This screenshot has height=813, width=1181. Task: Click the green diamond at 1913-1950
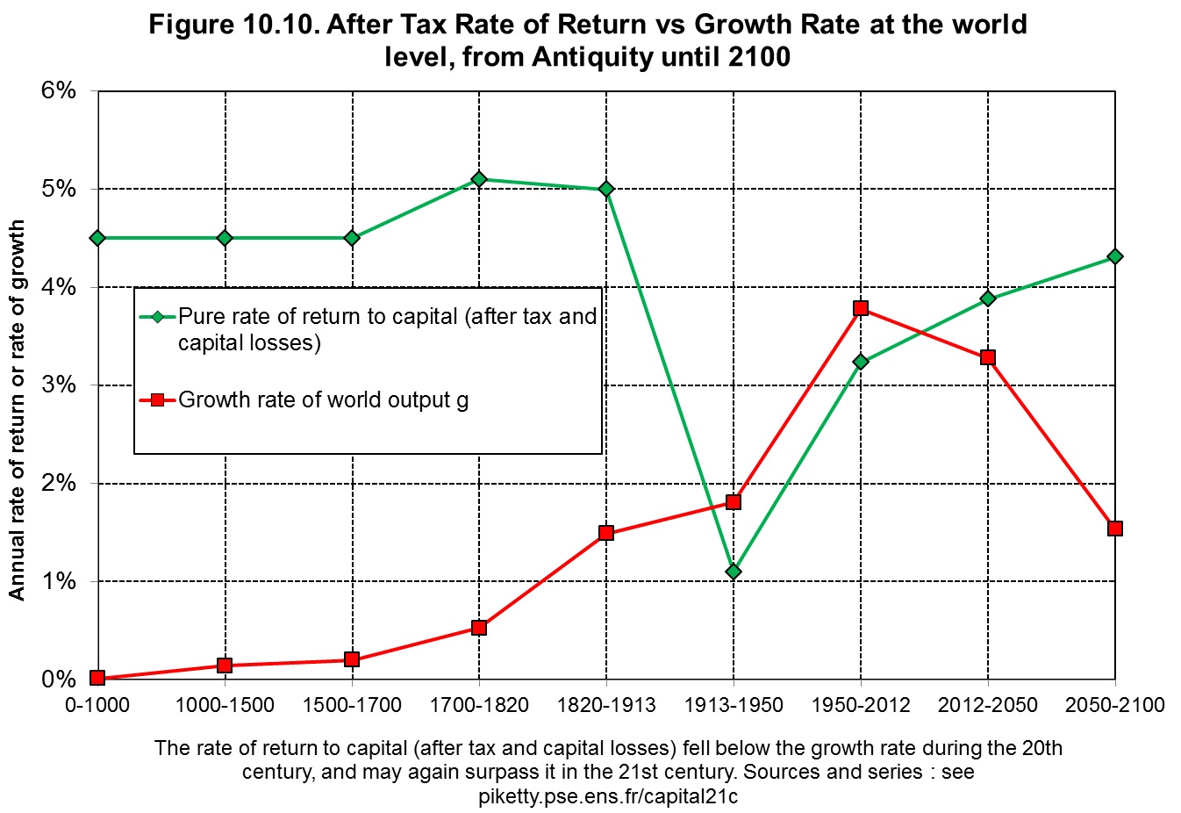click(x=734, y=572)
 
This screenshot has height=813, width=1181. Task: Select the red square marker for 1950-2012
click(x=861, y=308)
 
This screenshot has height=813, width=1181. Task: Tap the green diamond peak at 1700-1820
click(x=479, y=179)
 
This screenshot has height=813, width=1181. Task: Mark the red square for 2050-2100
click(x=1114, y=529)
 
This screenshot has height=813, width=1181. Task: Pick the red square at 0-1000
click(x=97, y=678)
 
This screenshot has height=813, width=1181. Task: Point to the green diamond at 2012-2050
click(x=988, y=299)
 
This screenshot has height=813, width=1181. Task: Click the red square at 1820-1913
click(x=606, y=532)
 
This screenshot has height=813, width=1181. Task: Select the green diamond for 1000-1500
click(x=225, y=238)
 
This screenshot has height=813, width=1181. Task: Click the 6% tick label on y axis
click(x=58, y=90)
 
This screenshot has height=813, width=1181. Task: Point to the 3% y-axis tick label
click(x=58, y=385)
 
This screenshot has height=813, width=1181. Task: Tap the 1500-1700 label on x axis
click(x=352, y=705)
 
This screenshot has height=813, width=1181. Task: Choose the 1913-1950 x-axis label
click(x=734, y=705)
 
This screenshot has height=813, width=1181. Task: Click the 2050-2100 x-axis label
click(x=1114, y=705)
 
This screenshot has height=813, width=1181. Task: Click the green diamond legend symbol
click(x=157, y=317)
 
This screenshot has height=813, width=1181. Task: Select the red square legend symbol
click(x=157, y=400)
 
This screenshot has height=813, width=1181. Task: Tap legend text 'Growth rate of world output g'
click(x=323, y=400)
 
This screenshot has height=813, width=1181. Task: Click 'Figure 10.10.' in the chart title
click(x=233, y=25)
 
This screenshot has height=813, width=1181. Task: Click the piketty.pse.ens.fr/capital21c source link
click(x=608, y=796)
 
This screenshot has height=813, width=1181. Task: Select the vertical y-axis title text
click(x=18, y=410)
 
